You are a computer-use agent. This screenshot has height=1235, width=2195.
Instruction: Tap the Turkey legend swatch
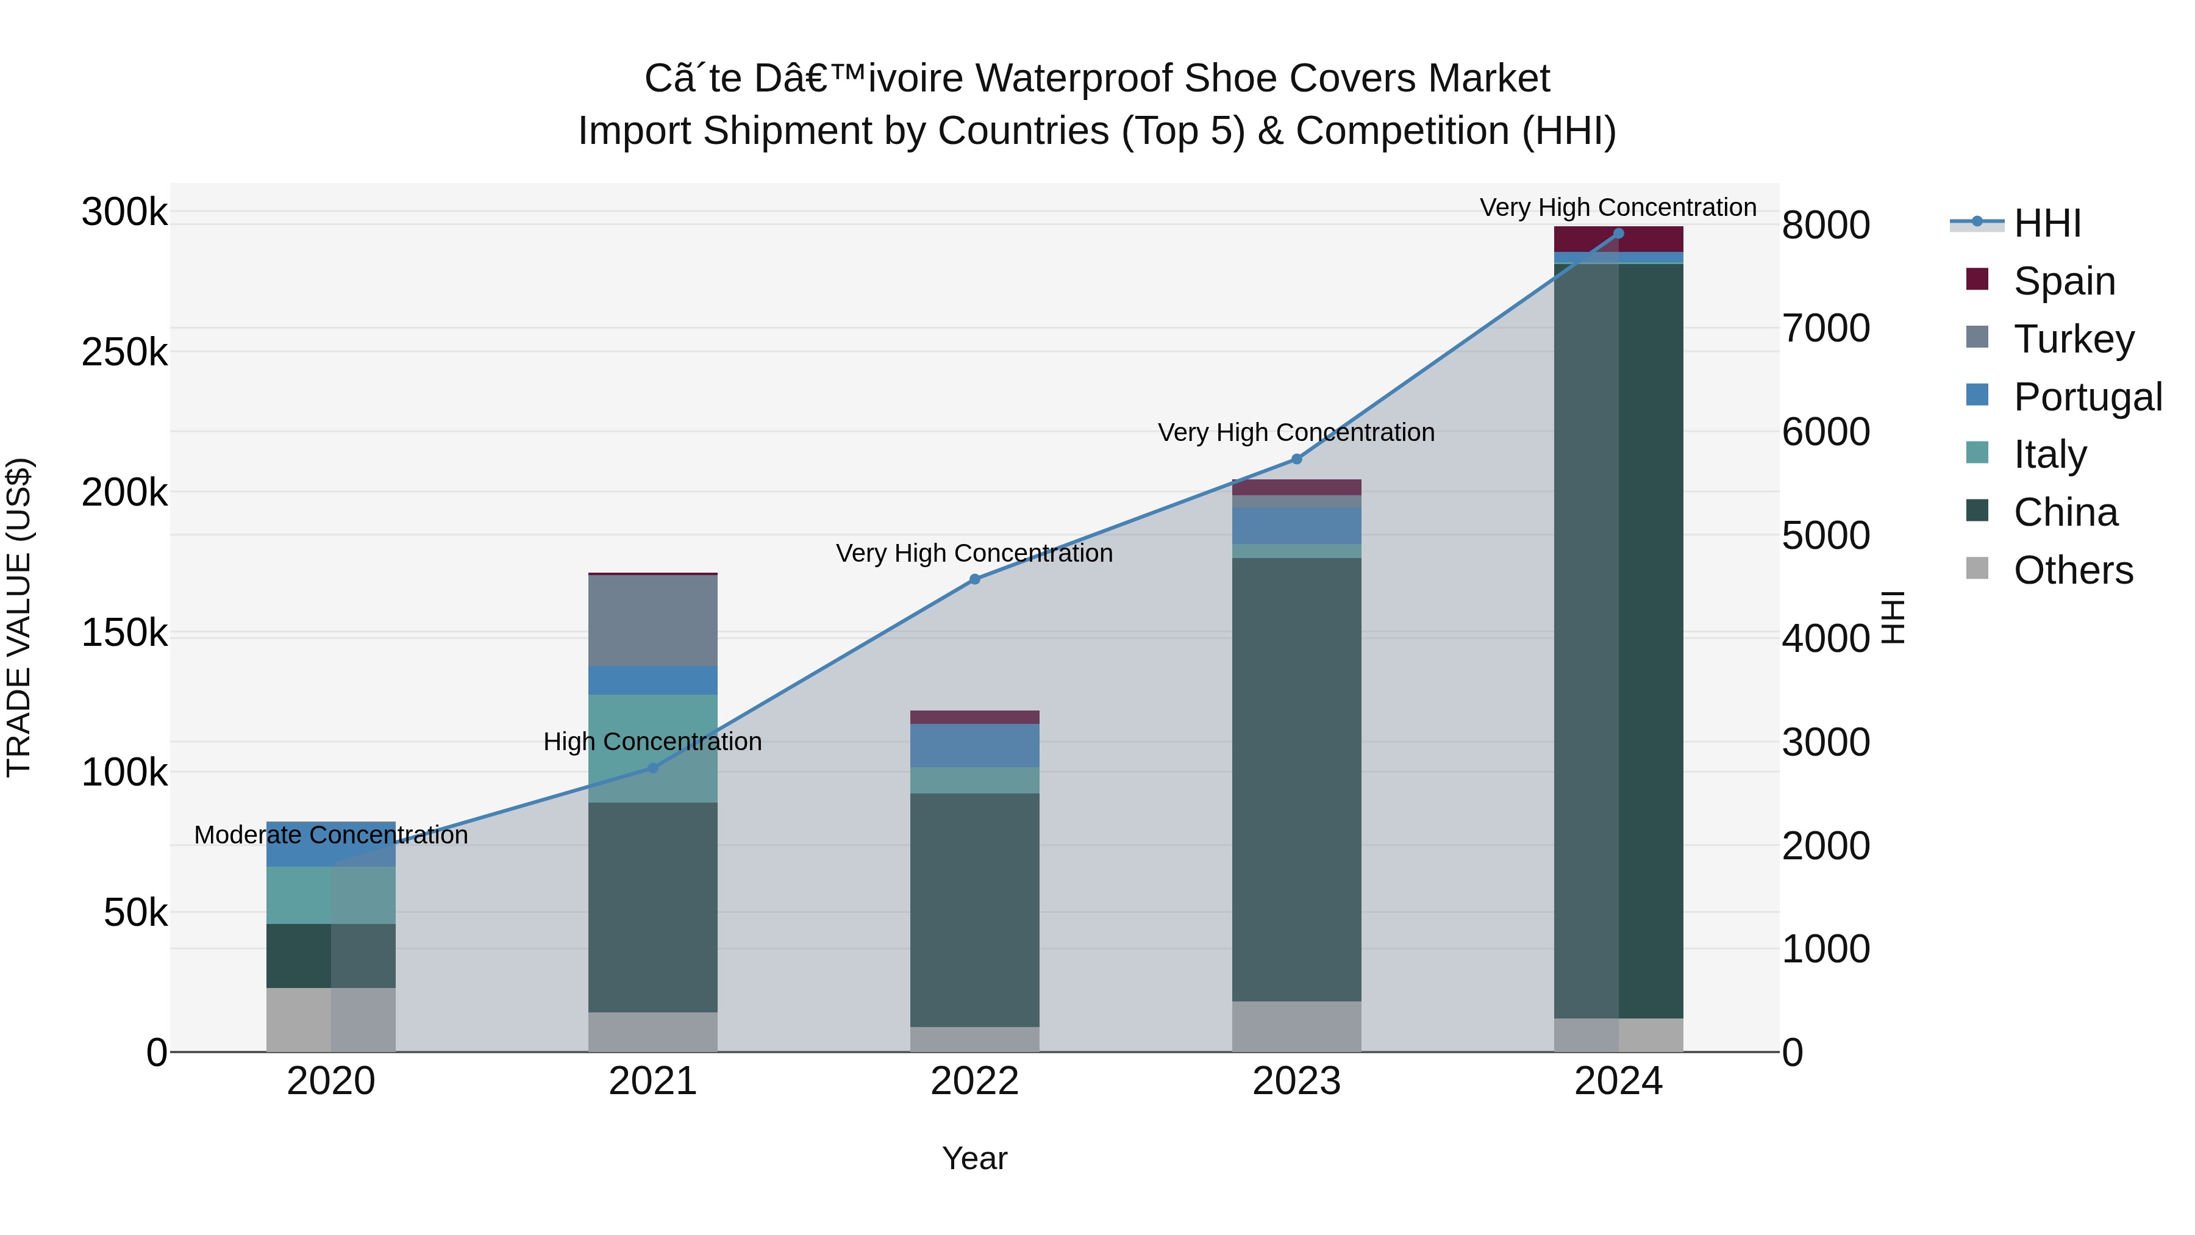tap(1977, 337)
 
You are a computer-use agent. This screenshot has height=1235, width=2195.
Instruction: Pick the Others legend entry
tap(2073, 570)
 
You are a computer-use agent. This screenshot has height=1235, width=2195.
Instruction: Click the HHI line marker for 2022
tap(975, 579)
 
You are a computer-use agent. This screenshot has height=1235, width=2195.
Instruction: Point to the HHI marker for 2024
tap(1618, 234)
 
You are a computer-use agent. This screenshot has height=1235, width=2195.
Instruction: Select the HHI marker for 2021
tap(652, 768)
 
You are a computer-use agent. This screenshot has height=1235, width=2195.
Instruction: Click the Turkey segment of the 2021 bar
tap(652, 620)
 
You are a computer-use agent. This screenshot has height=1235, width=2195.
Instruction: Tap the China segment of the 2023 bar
tap(1296, 780)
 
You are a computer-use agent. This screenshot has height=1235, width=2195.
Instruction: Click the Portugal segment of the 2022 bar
tap(975, 746)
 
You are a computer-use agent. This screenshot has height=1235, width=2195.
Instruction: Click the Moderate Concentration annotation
tap(330, 836)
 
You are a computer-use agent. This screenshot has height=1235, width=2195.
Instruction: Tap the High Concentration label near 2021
tap(652, 742)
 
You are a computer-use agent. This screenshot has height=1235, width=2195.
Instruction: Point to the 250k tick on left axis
tap(124, 352)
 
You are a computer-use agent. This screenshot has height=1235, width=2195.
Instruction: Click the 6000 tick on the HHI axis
tap(1825, 432)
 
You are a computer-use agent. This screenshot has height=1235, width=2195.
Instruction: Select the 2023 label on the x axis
tap(1296, 1081)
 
